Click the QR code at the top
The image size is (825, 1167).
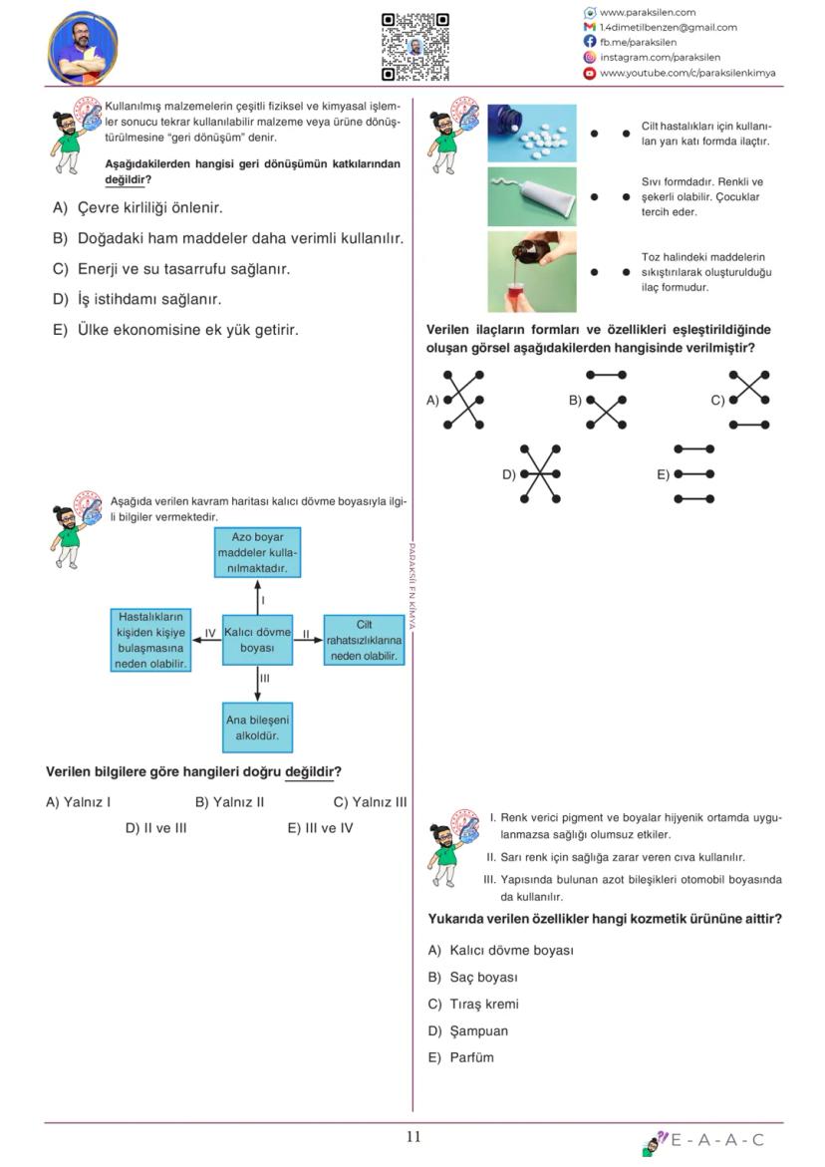414,46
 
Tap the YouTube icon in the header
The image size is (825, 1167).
590,73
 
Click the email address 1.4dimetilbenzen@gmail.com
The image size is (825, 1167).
668,27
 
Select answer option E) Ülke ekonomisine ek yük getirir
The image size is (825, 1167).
176,330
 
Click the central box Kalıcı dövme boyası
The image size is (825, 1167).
257,640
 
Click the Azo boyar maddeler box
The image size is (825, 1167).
257,553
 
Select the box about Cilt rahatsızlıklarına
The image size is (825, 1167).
364,641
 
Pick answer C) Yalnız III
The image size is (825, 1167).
370,801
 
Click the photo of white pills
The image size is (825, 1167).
531,133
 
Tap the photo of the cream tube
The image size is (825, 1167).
531,196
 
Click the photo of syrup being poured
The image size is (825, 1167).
531,271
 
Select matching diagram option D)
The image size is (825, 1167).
539,474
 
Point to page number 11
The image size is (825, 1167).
413,1137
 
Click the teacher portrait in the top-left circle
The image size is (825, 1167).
83,48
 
